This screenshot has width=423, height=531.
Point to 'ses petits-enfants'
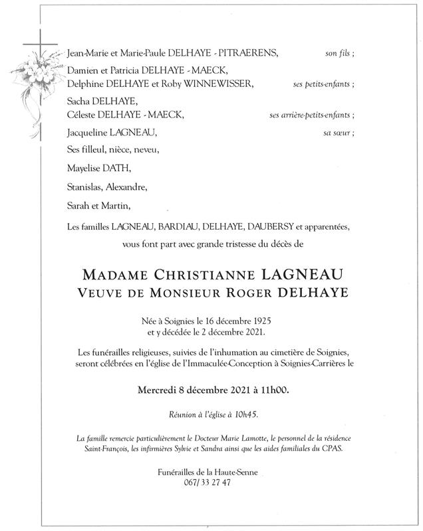[x=323, y=84]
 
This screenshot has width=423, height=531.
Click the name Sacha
[x=79, y=101]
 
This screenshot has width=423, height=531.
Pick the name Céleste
[x=82, y=115]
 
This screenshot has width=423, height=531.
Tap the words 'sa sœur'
[x=340, y=133]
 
